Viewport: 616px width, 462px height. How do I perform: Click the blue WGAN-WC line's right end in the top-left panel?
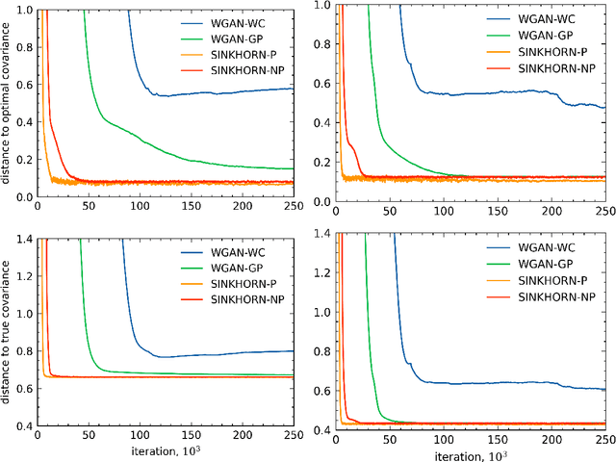293,89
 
